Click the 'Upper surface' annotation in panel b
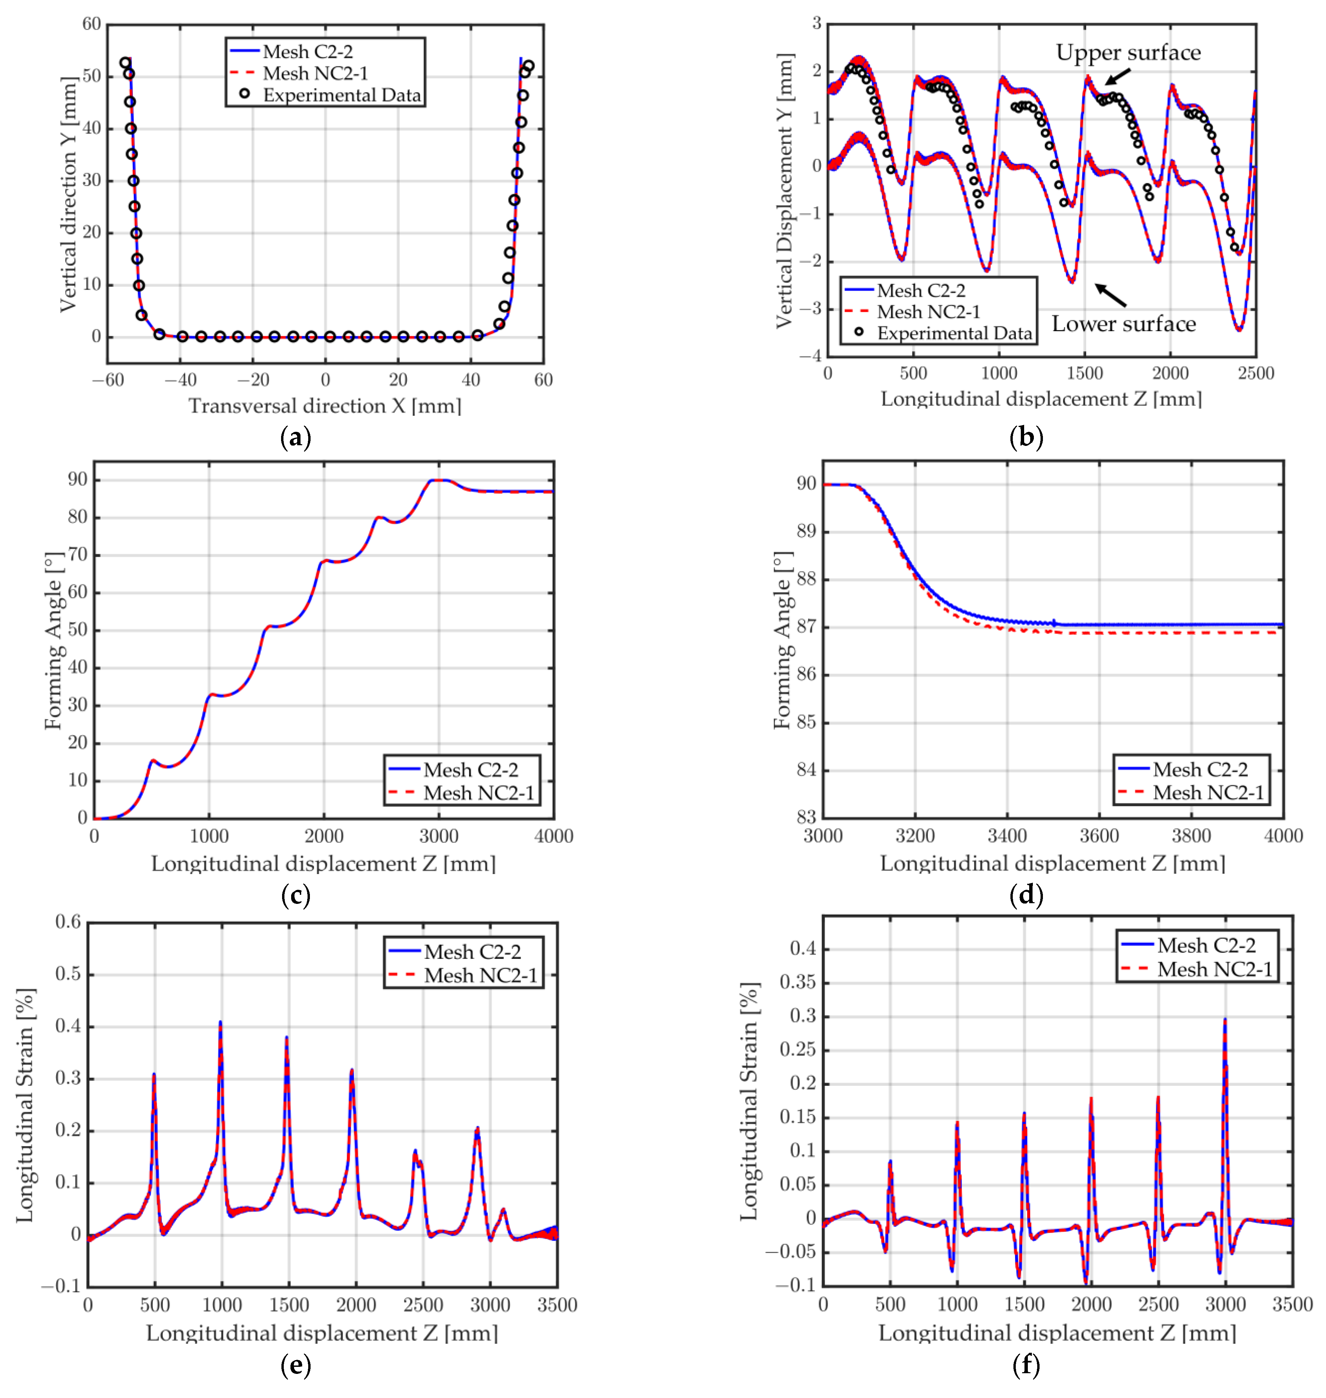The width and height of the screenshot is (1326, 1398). (x=1128, y=53)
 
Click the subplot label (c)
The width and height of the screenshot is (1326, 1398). (x=295, y=895)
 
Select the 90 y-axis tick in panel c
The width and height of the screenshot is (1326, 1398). (x=78, y=480)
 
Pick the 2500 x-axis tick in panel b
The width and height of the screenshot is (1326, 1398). (x=1255, y=373)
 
